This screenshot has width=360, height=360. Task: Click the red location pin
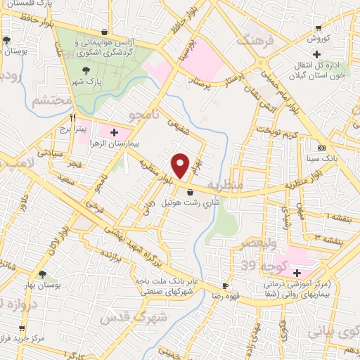(181, 165)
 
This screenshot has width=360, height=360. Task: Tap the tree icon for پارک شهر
(86, 70)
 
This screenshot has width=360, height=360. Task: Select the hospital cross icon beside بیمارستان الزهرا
(115, 131)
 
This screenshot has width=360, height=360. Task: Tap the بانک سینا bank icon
(322, 148)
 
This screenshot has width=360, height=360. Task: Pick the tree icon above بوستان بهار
(43, 275)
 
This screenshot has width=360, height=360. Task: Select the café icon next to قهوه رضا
(226, 286)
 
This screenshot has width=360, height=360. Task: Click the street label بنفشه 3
(330, 240)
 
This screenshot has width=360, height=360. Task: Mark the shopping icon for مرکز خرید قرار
(22, 328)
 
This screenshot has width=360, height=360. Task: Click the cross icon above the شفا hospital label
(297, 273)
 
